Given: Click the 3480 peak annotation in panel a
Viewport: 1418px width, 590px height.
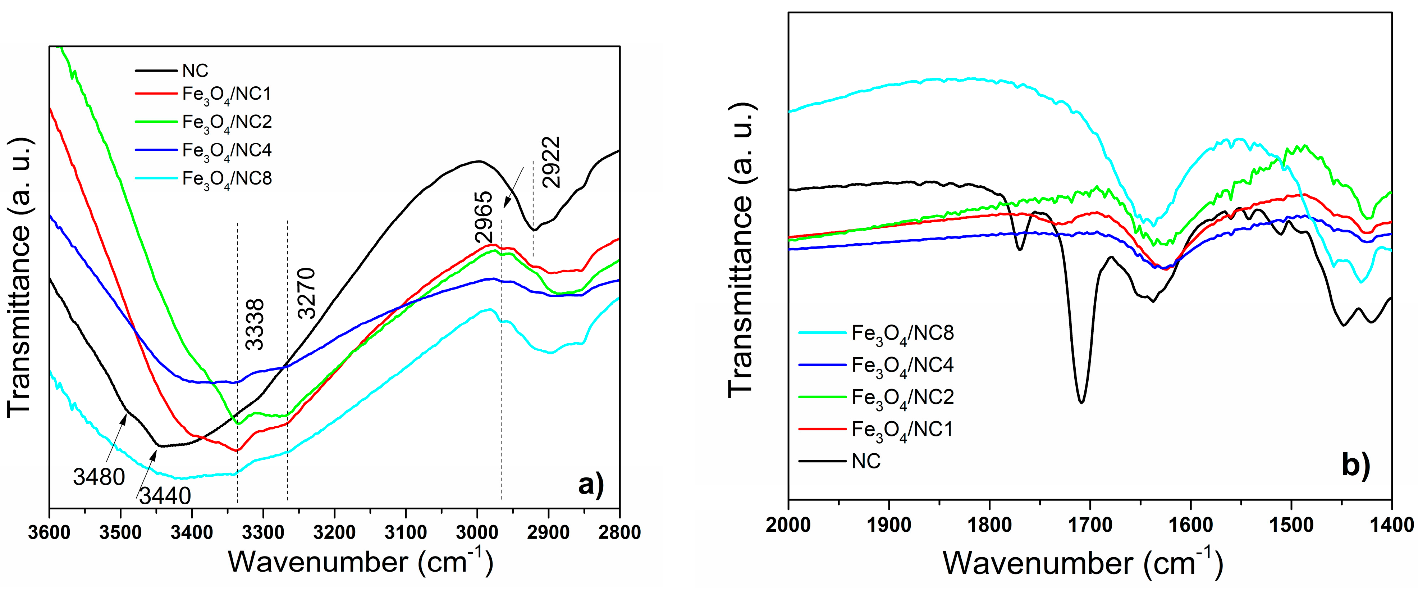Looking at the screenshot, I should click(x=99, y=477).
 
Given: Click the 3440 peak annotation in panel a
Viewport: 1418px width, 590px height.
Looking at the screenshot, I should click(x=165, y=496).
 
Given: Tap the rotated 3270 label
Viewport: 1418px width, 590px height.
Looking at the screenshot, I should click(x=307, y=293).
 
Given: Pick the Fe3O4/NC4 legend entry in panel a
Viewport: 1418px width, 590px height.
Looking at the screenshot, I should click(x=227, y=151).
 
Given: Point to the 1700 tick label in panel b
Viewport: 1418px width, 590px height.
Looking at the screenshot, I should click(x=1090, y=525).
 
